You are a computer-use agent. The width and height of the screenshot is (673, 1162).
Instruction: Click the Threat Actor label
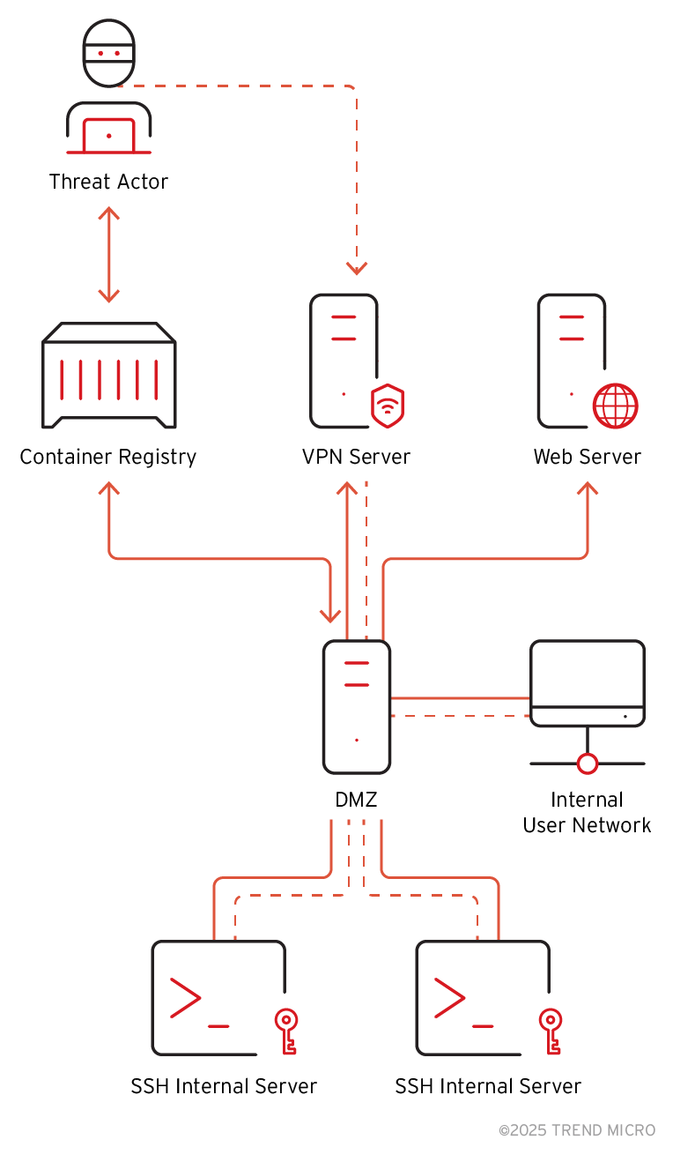coord(108,182)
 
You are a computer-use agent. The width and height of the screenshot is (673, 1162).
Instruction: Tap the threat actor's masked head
coord(108,53)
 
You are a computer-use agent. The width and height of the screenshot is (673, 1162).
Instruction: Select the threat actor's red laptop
coord(108,135)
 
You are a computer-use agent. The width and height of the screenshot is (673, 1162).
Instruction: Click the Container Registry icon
coord(108,373)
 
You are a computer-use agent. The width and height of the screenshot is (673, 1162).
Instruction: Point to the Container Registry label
coord(107,457)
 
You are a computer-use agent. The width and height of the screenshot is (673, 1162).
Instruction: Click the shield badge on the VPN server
coord(388,405)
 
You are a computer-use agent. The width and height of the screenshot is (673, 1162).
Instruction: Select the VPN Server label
coord(356,457)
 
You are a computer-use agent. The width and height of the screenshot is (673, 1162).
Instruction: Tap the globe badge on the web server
coord(615,406)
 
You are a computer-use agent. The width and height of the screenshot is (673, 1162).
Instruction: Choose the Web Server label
coord(587,457)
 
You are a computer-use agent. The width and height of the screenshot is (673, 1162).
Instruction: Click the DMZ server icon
coord(357,706)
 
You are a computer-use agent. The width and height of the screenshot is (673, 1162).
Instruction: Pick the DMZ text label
coord(356,801)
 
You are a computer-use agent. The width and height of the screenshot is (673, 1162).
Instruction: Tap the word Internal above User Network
coord(587,800)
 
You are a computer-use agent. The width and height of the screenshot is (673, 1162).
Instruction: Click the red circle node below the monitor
coord(588,763)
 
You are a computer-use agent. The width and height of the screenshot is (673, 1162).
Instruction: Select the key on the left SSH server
coord(285,1032)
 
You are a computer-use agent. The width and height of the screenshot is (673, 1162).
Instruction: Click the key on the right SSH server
coord(550,1032)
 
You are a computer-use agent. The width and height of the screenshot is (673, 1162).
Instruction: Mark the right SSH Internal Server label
coord(488,1086)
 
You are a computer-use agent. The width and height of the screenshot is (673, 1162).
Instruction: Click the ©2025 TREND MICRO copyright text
coord(577,1130)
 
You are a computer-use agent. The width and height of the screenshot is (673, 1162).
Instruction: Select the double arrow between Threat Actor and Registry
coord(108,255)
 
